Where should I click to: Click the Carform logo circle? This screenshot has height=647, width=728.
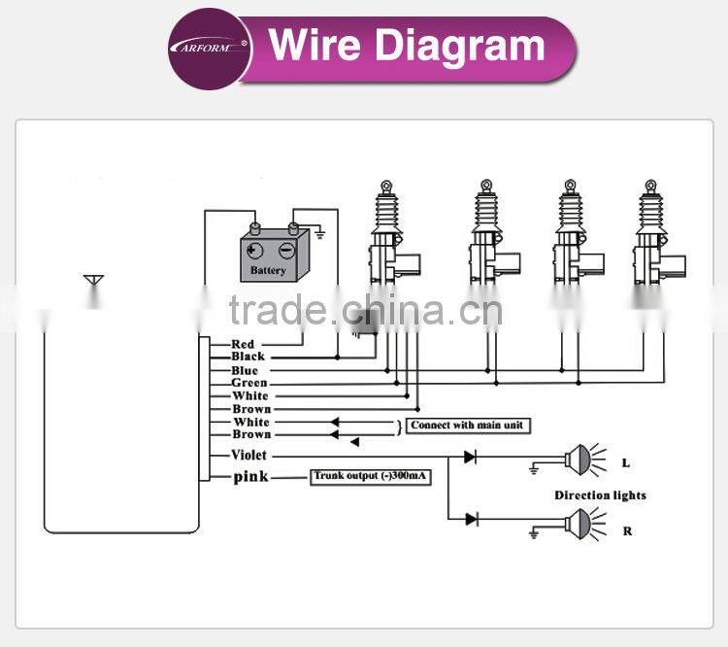click(210, 49)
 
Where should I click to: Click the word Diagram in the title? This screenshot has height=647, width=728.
click(459, 47)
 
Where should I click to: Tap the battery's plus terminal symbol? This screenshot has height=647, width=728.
click(253, 251)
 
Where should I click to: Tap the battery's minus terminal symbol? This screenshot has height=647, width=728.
click(286, 251)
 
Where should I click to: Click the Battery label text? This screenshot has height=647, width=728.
click(268, 270)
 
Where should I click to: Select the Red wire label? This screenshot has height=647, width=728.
click(243, 345)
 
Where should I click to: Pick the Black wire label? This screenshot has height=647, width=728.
click(248, 357)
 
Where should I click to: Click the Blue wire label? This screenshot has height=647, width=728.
click(245, 370)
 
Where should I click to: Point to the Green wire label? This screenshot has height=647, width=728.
click(249, 383)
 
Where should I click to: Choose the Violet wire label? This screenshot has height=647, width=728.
click(248, 455)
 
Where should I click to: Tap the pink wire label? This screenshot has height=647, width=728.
click(250, 477)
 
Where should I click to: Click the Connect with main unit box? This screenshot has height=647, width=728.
click(468, 426)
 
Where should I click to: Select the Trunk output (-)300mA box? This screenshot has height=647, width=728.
click(370, 477)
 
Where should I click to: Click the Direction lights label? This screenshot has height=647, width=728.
click(600, 495)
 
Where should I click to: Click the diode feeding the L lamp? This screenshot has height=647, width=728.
click(470, 457)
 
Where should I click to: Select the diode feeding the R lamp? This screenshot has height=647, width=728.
click(471, 519)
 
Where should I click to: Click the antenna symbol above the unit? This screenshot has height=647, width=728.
click(93, 281)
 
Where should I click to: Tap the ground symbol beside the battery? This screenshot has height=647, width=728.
click(319, 233)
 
